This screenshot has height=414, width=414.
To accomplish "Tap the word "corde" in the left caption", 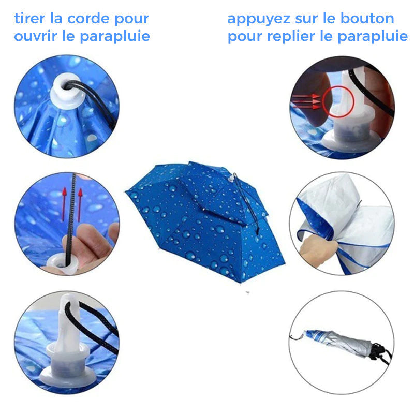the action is coord(88,19).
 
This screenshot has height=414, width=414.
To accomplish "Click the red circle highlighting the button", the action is coord(338,102).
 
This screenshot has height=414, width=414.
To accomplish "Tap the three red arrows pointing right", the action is coord(306,101).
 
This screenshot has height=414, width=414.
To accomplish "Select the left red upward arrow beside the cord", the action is coord(64,204).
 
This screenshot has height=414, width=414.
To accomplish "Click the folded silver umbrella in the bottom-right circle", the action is coord(341,342).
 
